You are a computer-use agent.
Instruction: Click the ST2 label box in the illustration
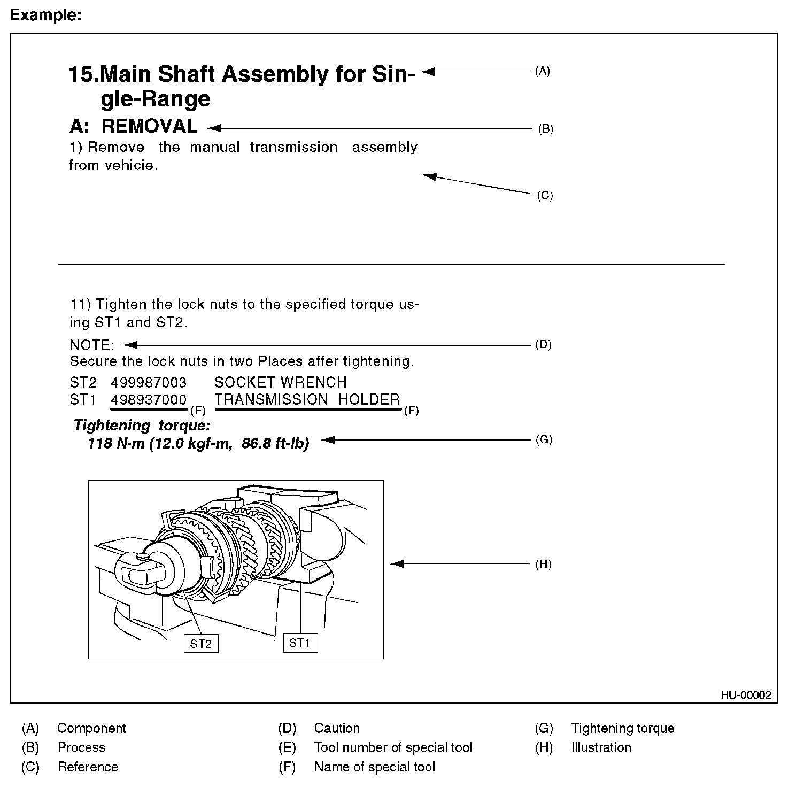(x=201, y=644)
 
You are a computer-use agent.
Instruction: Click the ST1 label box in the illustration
(x=300, y=643)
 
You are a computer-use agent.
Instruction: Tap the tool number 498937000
(x=149, y=399)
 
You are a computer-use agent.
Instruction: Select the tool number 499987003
(x=149, y=382)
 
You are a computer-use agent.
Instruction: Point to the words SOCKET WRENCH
(x=280, y=382)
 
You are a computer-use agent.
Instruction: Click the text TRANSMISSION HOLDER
(x=307, y=399)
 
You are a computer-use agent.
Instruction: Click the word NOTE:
(x=92, y=345)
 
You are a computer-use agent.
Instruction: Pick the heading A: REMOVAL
(x=134, y=126)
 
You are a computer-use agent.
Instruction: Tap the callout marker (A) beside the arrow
(x=543, y=71)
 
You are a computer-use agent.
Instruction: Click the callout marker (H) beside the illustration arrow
(x=543, y=565)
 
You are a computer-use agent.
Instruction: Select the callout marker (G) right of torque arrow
(x=544, y=440)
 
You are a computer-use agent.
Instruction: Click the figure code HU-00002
(x=746, y=695)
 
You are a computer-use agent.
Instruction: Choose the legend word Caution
(x=337, y=728)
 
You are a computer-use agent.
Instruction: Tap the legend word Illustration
(x=601, y=747)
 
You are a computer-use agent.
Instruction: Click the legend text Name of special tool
(x=374, y=767)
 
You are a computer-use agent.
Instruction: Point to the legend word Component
(x=91, y=728)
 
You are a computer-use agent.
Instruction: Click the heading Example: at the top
(x=46, y=16)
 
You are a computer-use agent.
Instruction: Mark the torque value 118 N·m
(x=115, y=444)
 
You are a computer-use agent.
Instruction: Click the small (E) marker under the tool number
(x=198, y=411)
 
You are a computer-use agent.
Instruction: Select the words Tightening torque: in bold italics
(x=142, y=426)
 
